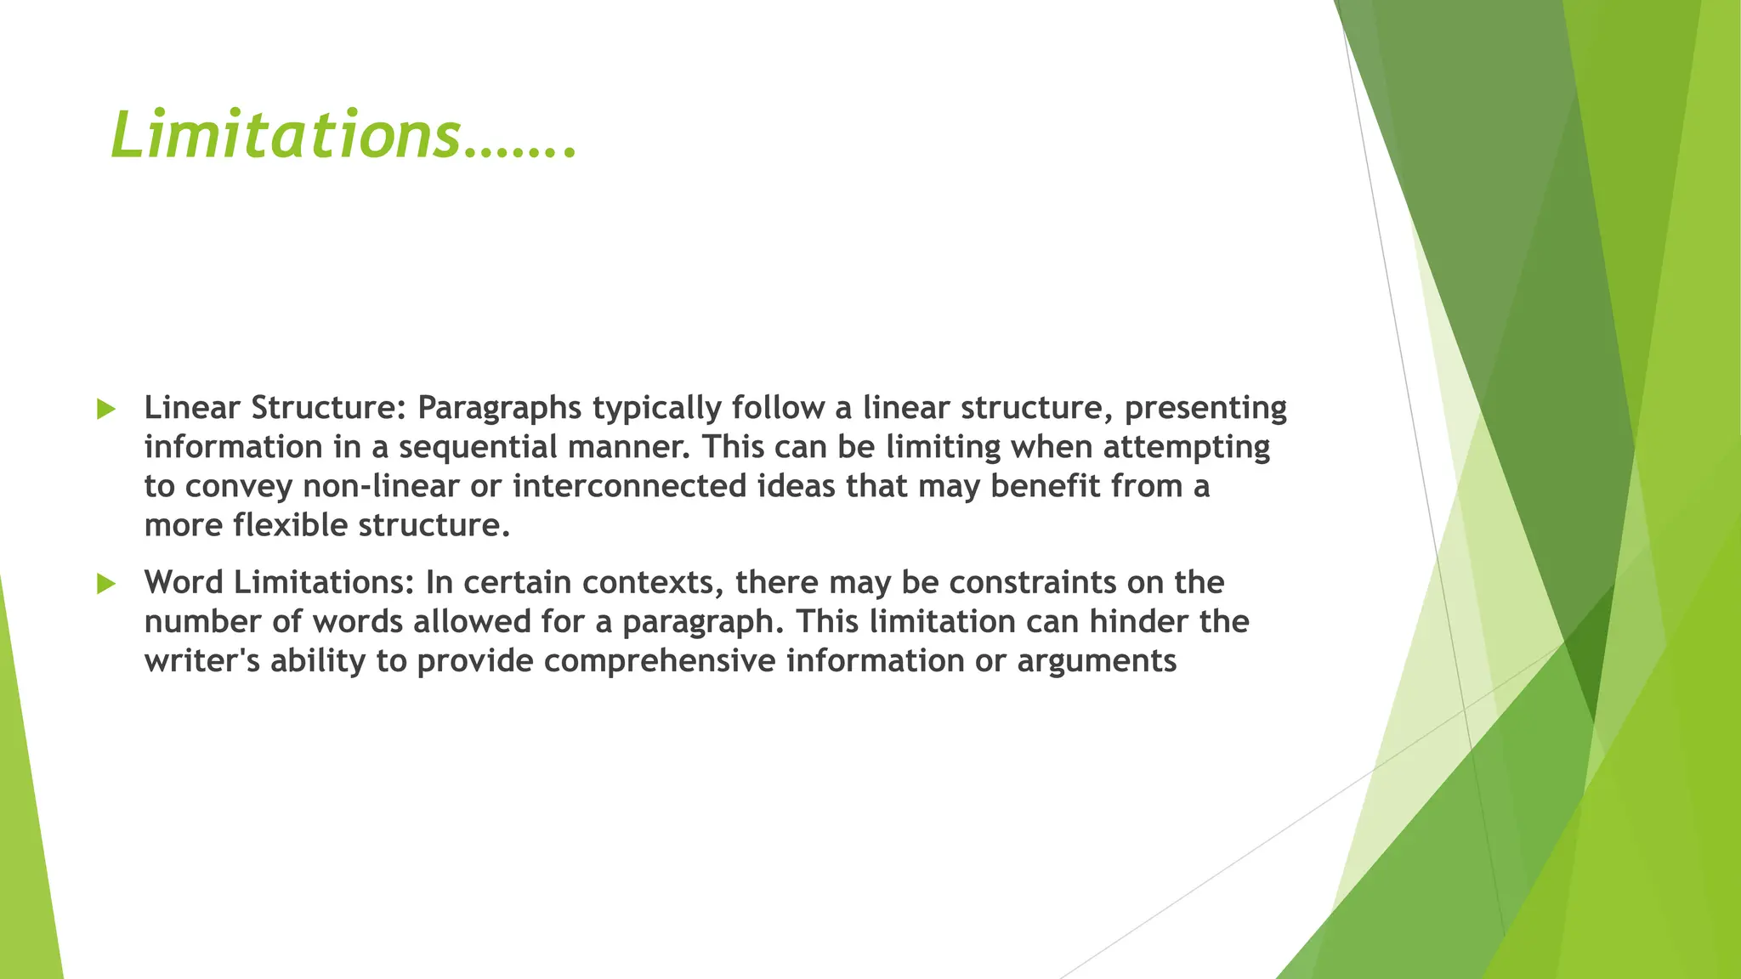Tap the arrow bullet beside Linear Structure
click(x=105, y=409)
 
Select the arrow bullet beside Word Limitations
click(x=105, y=584)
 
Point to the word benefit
click(x=1045, y=486)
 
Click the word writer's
click(x=201, y=661)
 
